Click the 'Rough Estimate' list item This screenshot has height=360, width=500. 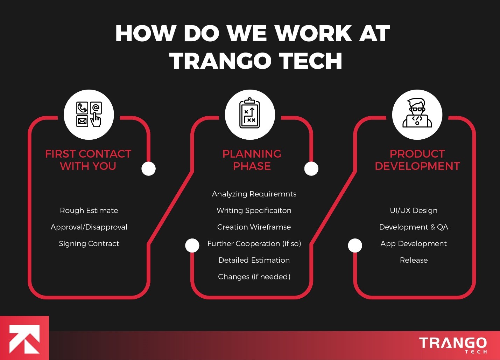89,210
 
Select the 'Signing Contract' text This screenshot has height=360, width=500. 89,244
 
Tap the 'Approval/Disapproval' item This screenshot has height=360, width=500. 89,227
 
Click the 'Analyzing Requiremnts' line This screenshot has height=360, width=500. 254,194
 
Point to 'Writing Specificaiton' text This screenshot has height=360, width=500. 254,210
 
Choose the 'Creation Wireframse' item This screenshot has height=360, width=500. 254,227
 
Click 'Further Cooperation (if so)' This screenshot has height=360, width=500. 254,244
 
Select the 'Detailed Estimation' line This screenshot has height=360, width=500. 254,260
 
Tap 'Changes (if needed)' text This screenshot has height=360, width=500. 254,277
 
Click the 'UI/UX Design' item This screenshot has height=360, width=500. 414,210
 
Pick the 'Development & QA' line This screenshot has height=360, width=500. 414,227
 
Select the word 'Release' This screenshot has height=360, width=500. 414,260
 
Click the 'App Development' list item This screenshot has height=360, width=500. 414,244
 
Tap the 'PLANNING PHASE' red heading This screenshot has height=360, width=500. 252,160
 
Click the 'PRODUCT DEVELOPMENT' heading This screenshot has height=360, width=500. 417,160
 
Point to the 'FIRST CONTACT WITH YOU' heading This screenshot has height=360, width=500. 88,160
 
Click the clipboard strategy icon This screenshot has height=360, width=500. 250,114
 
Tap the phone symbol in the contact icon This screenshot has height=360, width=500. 82,108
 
